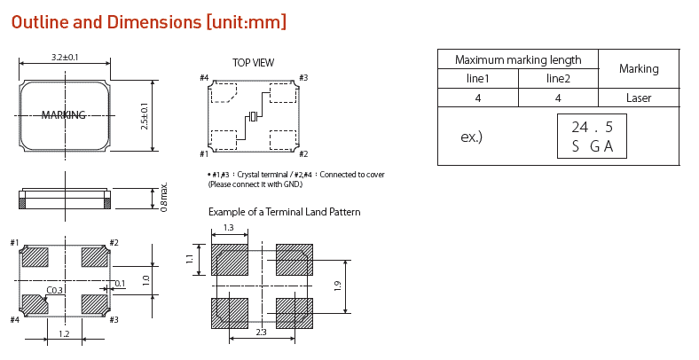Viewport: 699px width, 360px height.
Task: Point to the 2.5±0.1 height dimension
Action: (x=145, y=115)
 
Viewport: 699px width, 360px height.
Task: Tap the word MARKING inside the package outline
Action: (x=64, y=115)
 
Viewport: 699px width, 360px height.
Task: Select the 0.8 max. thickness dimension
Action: (x=164, y=198)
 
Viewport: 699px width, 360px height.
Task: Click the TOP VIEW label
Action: (x=253, y=63)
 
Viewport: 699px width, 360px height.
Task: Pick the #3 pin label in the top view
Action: (x=303, y=78)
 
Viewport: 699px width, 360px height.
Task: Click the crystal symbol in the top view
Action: (x=253, y=117)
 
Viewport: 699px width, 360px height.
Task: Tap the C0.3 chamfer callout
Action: (x=54, y=290)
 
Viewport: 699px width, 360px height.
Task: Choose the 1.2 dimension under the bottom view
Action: (x=64, y=333)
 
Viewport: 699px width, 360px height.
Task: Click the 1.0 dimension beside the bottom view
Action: (x=146, y=280)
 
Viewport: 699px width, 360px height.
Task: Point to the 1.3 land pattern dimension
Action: (x=229, y=228)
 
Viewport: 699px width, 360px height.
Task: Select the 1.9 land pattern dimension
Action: (x=337, y=286)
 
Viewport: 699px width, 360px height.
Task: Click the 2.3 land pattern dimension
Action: (x=262, y=332)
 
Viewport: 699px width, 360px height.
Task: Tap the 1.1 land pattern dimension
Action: (x=189, y=260)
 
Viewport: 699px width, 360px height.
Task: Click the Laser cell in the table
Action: (x=639, y=98)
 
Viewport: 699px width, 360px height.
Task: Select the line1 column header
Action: (x=478, y=79)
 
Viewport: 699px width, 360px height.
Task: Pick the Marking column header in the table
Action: (x=639, y=68)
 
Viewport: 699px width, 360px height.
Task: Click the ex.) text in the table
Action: (x=472, y=137)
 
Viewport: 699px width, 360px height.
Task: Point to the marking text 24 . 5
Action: (x=592, y=127)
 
